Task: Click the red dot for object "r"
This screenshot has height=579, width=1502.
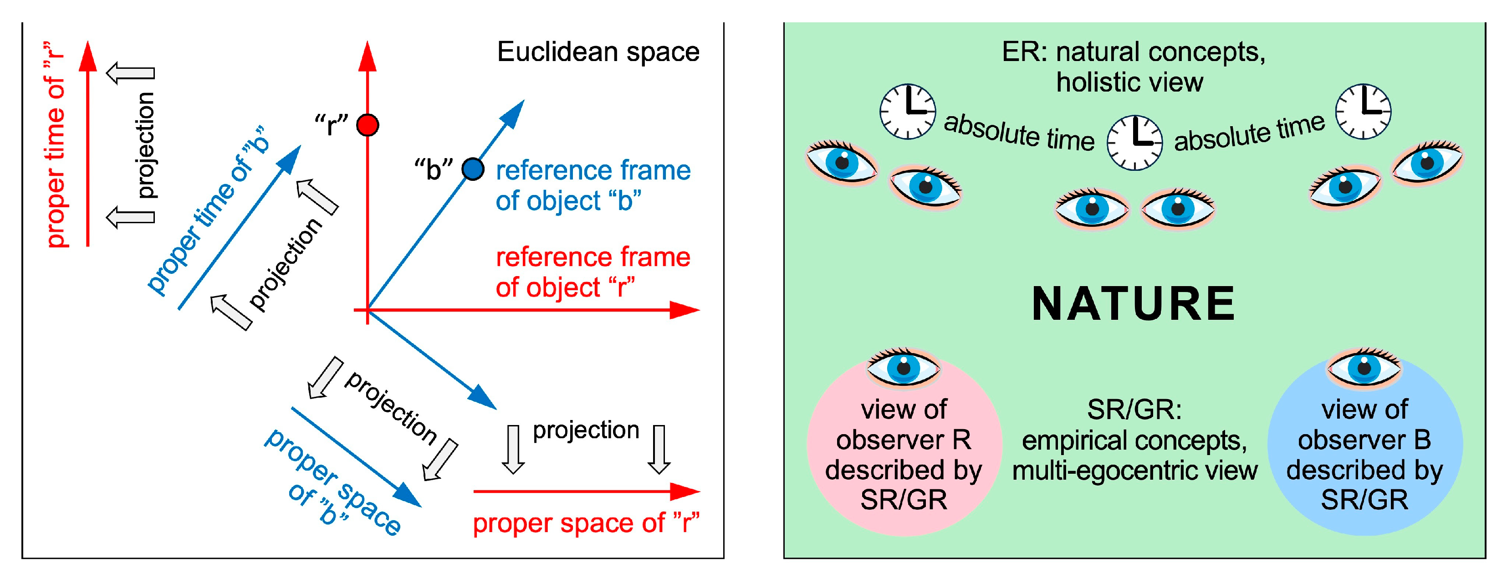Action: click(368, 125)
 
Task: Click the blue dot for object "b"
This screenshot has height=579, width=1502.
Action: click(472, 169)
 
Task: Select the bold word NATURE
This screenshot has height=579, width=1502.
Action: click(1133, 304)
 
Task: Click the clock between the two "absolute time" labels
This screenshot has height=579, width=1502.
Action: click(1134, 142)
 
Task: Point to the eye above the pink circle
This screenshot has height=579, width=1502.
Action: click(903, 367)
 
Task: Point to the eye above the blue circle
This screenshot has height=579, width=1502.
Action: click(1364, 367)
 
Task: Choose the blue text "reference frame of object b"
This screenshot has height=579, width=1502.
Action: click(593, 185)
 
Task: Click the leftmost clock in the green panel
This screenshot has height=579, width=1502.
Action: click(907, 111)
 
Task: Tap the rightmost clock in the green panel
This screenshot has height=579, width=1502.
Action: click(1363, 111)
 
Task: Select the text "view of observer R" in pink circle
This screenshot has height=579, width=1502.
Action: click(903, 425)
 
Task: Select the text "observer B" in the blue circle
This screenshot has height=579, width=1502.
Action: click(1364, 440)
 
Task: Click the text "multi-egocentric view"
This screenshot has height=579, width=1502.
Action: click(1134, 471)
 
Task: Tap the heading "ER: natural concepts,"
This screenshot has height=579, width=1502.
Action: click(1133, 52)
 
